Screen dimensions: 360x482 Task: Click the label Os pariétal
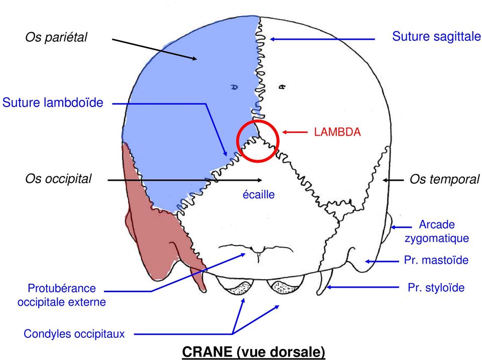[x=56, y=37]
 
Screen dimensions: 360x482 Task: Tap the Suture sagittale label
[x=436, y=36]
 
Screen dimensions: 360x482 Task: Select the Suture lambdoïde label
[x=53, y=103]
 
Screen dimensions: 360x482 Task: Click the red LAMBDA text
[x=337, y=132]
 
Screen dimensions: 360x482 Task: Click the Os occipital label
[x=59, y=179]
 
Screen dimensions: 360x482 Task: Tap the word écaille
[x=259, y=194]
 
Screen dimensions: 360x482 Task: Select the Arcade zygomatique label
[x=436, y=231]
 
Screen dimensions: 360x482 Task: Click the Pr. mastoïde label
[x=436, y=260]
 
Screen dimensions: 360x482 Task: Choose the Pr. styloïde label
[x=436, y=288]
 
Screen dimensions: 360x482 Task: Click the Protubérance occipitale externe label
[x=62, y=295]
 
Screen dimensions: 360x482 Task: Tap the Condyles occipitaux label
[x=74, y=333]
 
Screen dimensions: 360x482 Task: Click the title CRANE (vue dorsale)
[x=253, y=351]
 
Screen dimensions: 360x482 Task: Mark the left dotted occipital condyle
[x=237, y=288]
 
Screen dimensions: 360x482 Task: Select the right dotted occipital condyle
[x=283, y=287]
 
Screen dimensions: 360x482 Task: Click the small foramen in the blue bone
[x=234, y=86]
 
